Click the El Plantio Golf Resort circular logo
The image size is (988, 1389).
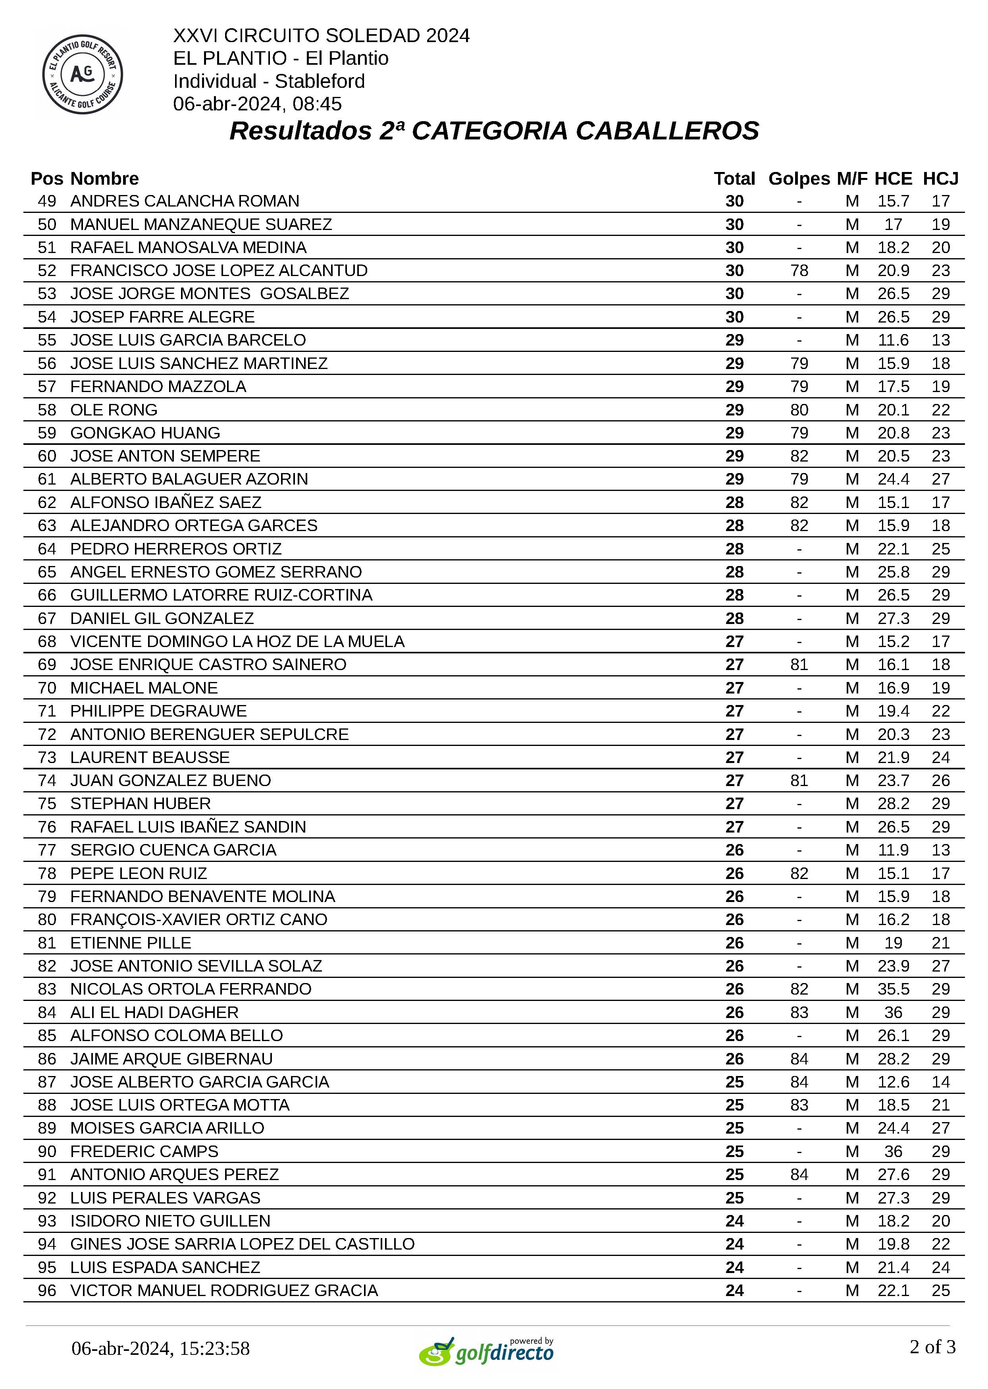83,74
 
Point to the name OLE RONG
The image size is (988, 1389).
114,410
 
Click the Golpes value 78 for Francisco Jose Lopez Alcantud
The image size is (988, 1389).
799,270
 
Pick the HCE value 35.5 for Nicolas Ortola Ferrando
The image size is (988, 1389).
892,989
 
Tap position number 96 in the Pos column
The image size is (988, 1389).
47,1290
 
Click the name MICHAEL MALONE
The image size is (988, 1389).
144,688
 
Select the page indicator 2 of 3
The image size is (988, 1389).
932,1347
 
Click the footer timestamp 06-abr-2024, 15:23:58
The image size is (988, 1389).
161,1348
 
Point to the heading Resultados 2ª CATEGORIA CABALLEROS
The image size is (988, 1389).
494,131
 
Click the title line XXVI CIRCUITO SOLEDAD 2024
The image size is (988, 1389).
321,35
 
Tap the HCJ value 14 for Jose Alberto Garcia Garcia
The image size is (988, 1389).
940,1082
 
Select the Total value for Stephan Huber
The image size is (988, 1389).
734,804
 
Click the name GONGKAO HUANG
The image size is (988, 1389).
145,433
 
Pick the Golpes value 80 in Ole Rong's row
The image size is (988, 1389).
799,410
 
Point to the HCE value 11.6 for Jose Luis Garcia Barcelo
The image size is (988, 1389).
892,340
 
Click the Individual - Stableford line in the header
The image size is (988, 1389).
269,81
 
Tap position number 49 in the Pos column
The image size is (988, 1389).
47,201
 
